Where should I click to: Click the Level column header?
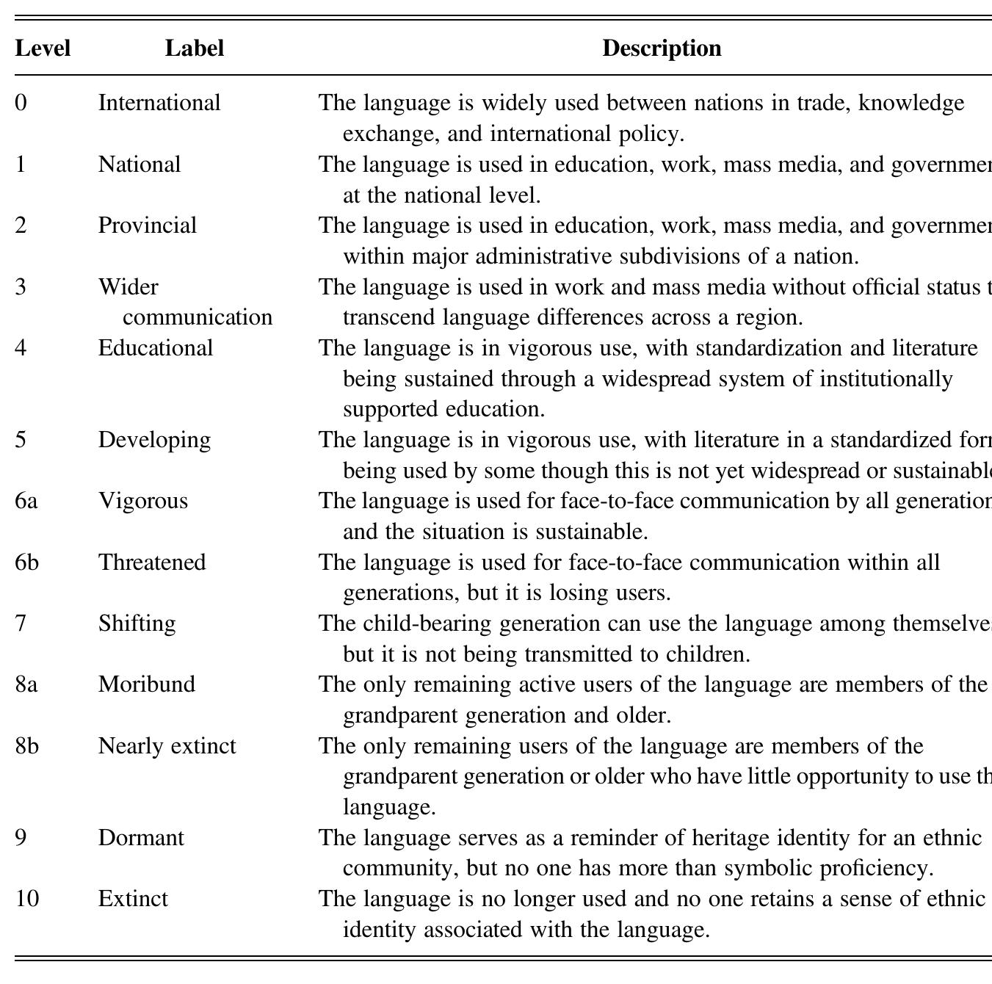click(x=43, y=48)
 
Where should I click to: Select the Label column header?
click(x=194, y=48)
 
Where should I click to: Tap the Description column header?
click(x=661, y=48)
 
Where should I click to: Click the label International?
click(x=159, y=103)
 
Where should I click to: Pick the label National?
click(x=140, y=164)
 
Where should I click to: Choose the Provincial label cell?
click(x=148, y=225)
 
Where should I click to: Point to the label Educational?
click(x=156, y=348)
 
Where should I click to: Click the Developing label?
click(x=154, y=440)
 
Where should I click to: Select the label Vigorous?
click(x=143, y=501)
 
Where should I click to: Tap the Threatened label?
click(x=152, y=562)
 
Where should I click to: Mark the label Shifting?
click(x=137, y=623)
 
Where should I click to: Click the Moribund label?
click(x=147, y=684)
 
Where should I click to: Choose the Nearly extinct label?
click(x=167, y=746)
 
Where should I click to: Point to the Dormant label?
click(x=141, y=838)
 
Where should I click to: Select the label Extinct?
click(x=133, y=899)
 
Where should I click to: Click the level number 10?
click(x=27, y=899)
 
